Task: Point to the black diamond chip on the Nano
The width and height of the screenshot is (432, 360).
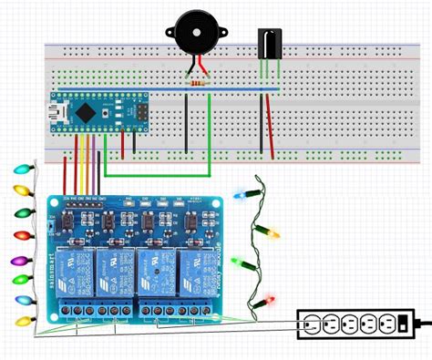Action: tap(86, 111)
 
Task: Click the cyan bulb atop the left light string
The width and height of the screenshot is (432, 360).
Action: tap(22, 170)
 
